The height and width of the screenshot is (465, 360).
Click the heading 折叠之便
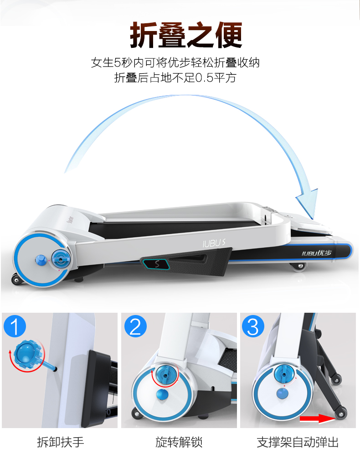tap(186, 35)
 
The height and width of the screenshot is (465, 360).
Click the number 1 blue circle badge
tap(15, 326)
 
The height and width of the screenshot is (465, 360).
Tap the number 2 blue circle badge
tap(135, 326)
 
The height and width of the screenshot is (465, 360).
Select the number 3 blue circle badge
tap(253, 326)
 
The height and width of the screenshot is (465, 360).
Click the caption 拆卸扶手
tap(61, 442)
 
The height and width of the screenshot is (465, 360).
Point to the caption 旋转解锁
tap(179, 442)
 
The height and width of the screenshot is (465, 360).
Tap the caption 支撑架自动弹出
tap(298, 442)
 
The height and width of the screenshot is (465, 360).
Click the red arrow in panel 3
tap(317, 418)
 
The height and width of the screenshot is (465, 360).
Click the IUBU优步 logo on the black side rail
tap(316, 253)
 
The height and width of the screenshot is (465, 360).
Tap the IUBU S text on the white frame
tap(214, 243)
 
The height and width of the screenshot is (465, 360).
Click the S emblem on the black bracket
tap(156, 263)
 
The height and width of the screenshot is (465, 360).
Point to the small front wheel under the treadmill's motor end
tap(16, 279)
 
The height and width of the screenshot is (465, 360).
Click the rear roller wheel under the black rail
tap(298, 266)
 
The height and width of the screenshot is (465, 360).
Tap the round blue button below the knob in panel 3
tap(283, 393)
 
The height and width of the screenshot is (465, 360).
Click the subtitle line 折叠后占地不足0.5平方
tap(175, 77)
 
